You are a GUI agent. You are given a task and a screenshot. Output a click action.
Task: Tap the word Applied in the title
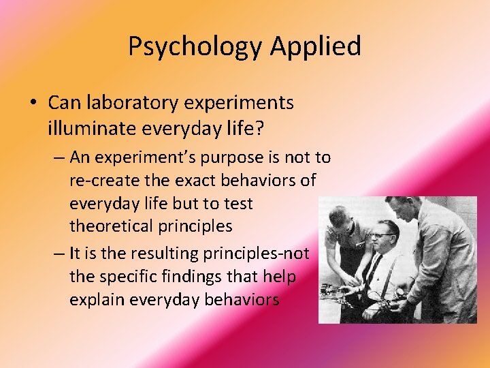point(315,46)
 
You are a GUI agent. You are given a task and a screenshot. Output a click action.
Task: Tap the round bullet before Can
point(33,104)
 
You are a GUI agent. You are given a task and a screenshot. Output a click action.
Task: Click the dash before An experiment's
point(58,158)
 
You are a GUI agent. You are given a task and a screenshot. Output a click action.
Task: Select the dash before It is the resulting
point(58,254)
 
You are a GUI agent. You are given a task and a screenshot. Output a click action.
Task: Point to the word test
point(238,203)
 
